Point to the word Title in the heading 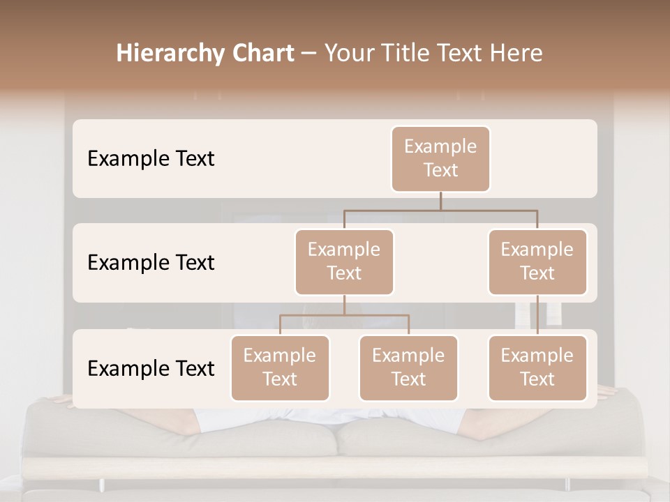[x=406, y=54]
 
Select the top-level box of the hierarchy [x=440, y=159]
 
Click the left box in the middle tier [x=344, y=262]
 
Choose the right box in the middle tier [x=537, y=262]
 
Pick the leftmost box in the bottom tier [x=280, y=368]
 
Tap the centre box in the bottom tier [x=408, y=368]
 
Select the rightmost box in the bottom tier [x=537, y=368]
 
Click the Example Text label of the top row [x=151, y=159]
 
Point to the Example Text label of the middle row [x=151, y=263]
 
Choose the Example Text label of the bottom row [x=151, y=368]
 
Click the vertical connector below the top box [x=440, y=201]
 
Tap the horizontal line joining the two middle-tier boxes [x=440, y=210]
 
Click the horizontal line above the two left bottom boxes [x=344, y=315]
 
